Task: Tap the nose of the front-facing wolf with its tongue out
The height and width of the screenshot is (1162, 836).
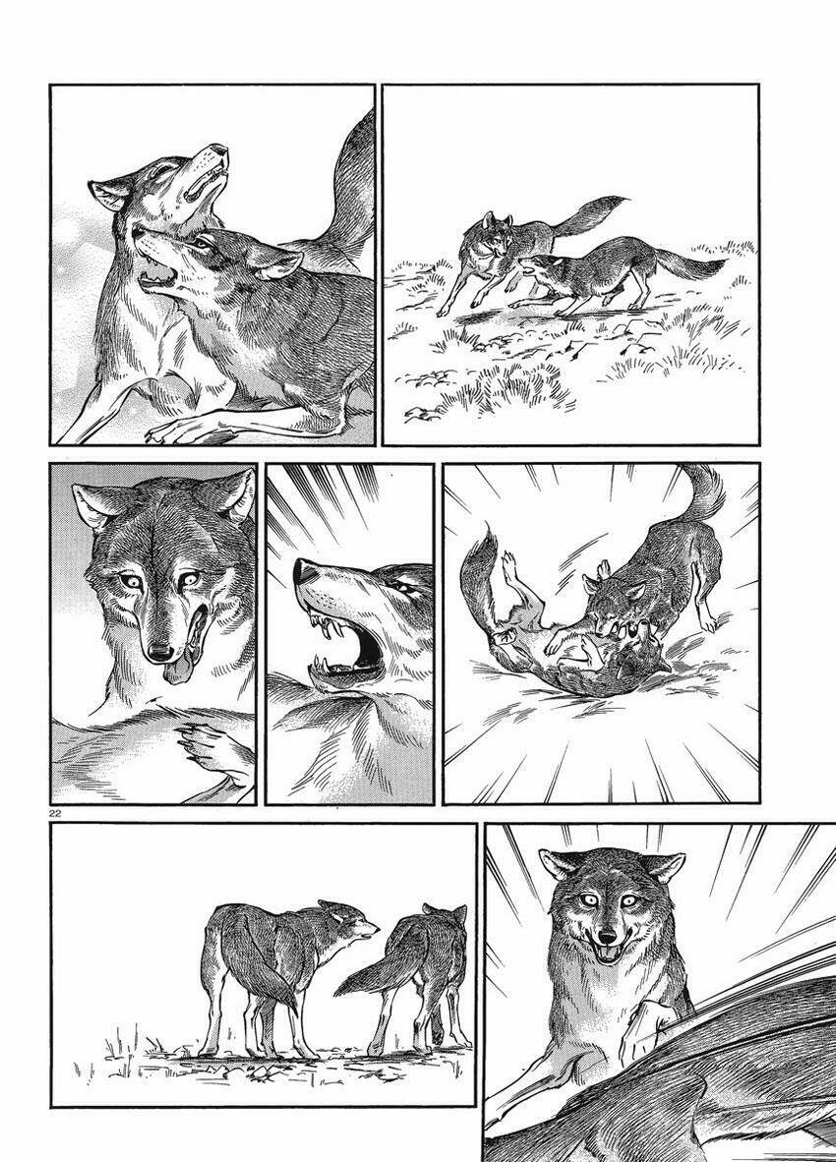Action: click(x=158, y=651)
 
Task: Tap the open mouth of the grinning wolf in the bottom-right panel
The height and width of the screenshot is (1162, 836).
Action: click(x=607, y=951)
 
